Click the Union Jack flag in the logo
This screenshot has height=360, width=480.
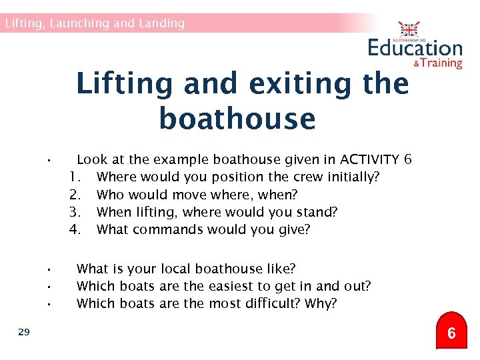[409, 30]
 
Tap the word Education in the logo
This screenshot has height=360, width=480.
[415, 48]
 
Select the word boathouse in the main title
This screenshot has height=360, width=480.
[237, 119]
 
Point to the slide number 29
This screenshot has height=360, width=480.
[24, 331]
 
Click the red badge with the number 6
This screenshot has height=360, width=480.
[451, 333]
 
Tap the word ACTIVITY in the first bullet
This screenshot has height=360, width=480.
[369, 160]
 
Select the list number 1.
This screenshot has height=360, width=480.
[75, 177]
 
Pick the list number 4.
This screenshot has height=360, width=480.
[75, 229]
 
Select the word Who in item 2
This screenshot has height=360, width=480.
[109, 195]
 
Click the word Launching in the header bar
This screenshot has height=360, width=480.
[79, 23]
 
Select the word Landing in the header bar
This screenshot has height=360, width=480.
[161, 23]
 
